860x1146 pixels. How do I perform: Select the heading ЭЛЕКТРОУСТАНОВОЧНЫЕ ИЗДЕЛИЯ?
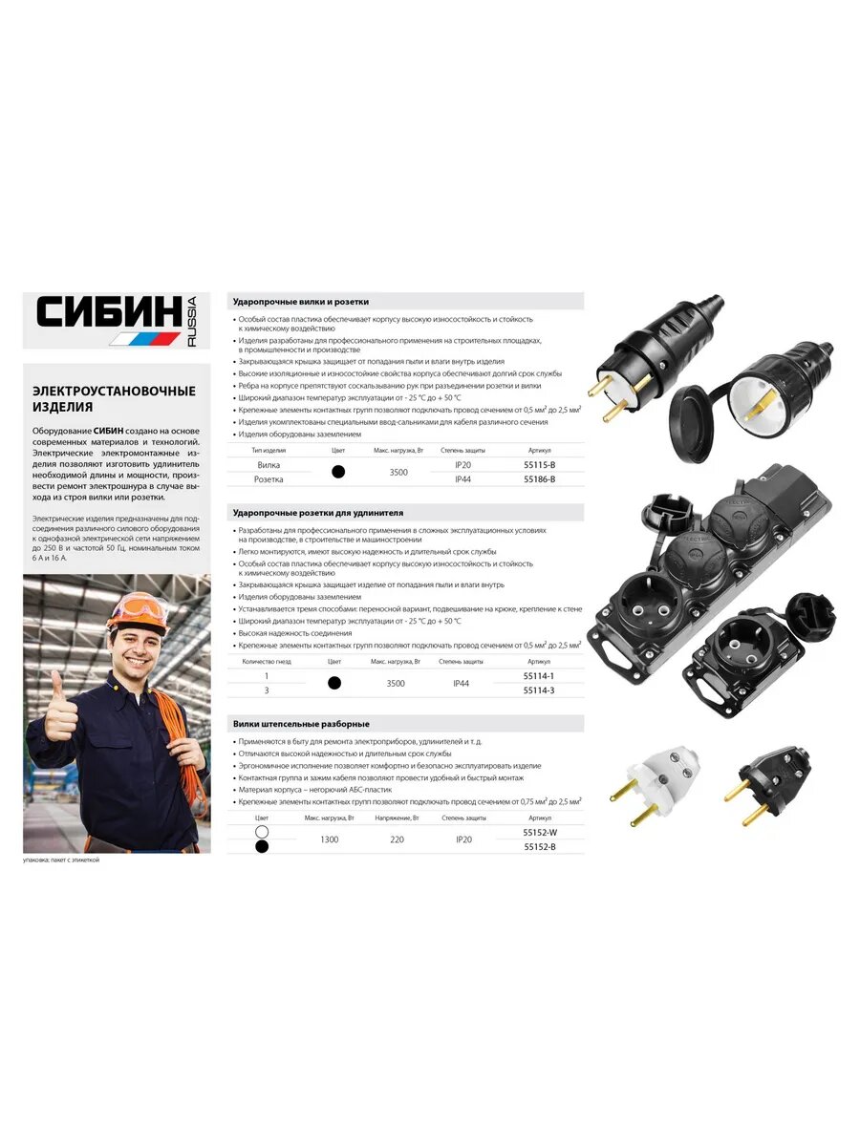point(114,399)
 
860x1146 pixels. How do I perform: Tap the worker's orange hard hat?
point(136,611)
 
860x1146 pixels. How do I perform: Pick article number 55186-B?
point(539,478)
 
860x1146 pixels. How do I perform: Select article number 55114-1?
point(539,676)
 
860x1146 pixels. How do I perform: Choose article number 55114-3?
point(539,690)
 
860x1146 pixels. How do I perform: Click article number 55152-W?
point(540,833)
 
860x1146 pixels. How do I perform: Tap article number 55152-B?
point(540,847)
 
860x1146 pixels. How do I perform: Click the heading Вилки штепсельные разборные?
point(301,725)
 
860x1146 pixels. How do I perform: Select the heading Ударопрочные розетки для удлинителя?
point(318,513)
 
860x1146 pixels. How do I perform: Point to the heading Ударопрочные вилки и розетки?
point(300,302)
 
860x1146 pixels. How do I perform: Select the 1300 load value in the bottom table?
point(329,839)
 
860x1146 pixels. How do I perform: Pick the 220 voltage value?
point(397,839)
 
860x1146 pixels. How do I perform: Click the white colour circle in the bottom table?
point(262,833)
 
